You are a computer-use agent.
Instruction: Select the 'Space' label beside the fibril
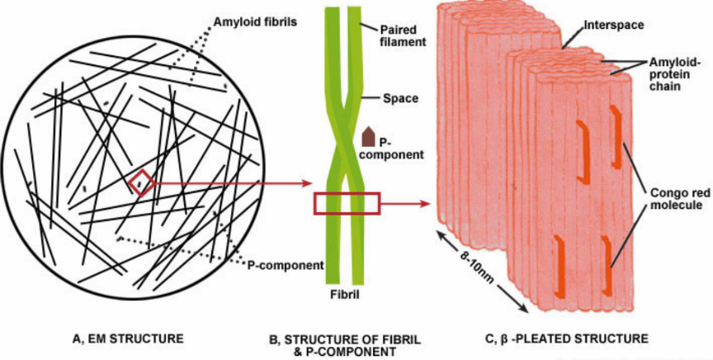point(401,98)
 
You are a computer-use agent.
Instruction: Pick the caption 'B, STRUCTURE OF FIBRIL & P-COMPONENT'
point(342,344)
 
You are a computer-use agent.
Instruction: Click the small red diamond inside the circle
point(140,182)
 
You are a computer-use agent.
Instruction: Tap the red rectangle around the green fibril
point(346,203)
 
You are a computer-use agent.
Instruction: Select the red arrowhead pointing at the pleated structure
point(427,203)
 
